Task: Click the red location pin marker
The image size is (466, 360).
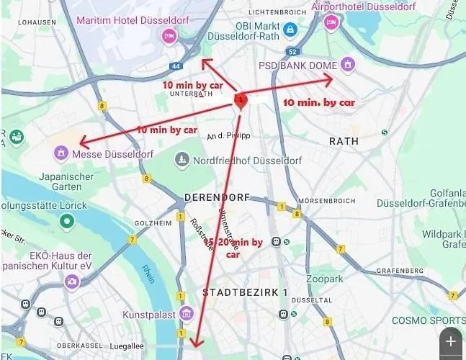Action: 241,101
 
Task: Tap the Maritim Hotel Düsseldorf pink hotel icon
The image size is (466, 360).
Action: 169,35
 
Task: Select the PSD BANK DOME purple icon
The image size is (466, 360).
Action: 349,66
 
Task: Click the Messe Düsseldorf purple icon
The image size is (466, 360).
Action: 61,153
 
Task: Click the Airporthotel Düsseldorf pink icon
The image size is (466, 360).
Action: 331,22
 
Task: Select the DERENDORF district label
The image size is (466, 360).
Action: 217,197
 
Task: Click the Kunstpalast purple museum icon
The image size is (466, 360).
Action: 187,313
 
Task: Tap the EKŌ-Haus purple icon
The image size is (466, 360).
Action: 71,282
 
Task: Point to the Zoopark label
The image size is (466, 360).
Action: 323,278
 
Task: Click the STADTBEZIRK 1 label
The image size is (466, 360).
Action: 245,292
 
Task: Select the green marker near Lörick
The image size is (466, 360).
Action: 66,221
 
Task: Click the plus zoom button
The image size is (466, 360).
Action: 451,341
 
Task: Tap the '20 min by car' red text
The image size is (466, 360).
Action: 238,243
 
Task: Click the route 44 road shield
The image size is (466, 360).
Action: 176,66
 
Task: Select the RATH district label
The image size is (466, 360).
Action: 343,141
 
